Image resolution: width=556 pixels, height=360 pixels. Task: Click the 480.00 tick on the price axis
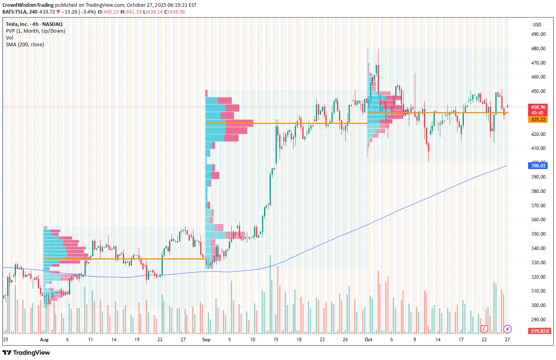[x=538, y=49]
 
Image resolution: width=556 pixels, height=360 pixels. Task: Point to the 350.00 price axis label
[x=538, y=234]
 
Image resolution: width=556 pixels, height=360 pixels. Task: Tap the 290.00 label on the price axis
[x=538, y=320]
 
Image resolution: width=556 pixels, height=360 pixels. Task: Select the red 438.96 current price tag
[x=538, y=107]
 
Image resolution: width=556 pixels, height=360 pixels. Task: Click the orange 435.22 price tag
[x=538, y=120]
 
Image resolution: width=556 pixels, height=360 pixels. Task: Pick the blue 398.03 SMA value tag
[x=538, y=166]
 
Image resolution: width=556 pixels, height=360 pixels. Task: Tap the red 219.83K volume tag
[x=540, y=331]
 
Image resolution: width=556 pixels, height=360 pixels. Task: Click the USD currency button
[x=537, y=25]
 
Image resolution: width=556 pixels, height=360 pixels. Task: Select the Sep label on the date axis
[x=206, y=340]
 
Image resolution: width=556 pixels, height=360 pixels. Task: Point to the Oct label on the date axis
[x=368, y=340]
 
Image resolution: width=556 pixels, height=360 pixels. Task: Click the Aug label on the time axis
[x=44, y=340]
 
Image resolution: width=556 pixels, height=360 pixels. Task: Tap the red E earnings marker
[x=484, y=329]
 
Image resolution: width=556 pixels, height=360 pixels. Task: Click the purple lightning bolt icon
[x=507, y=329]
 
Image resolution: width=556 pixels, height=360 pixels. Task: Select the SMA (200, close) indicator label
[x=25, y=45]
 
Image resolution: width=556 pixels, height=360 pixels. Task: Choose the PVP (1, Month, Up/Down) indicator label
[x=35, y=31]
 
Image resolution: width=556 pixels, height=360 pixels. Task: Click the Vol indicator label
[x=10, y=38]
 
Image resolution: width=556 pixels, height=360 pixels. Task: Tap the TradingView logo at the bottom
[x=26, y=352]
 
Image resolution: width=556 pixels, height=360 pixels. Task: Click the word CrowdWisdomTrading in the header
[x=28, y=5]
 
